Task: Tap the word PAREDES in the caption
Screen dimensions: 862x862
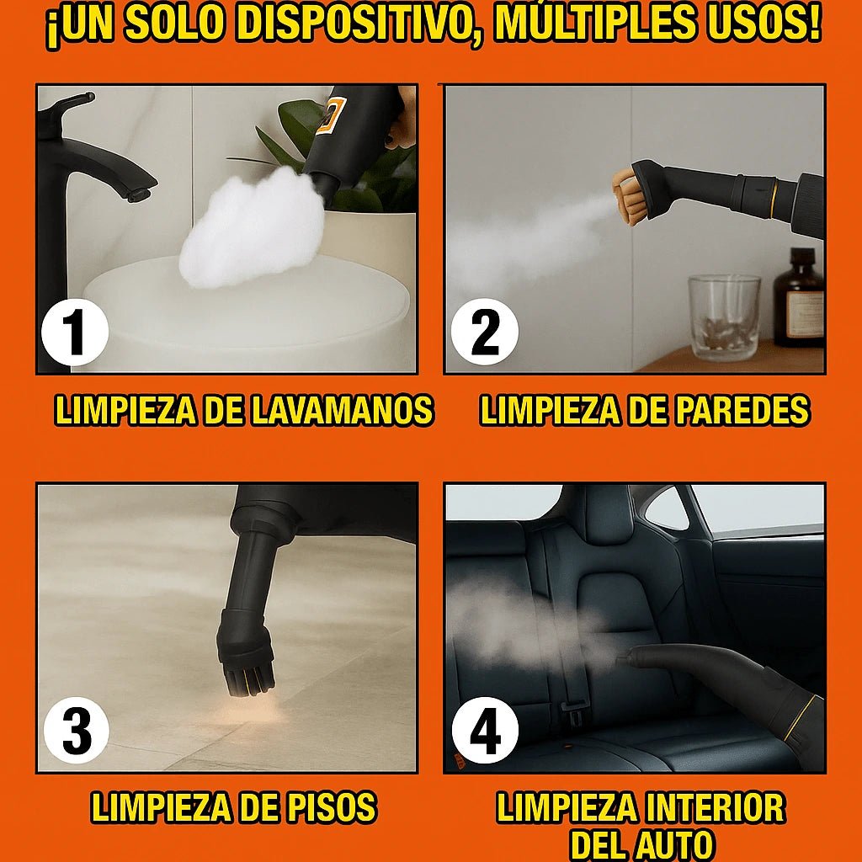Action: coord(741,412)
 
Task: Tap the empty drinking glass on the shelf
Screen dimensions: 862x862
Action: coord(723,316)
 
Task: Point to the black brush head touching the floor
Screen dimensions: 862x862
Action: coord(245,665)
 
